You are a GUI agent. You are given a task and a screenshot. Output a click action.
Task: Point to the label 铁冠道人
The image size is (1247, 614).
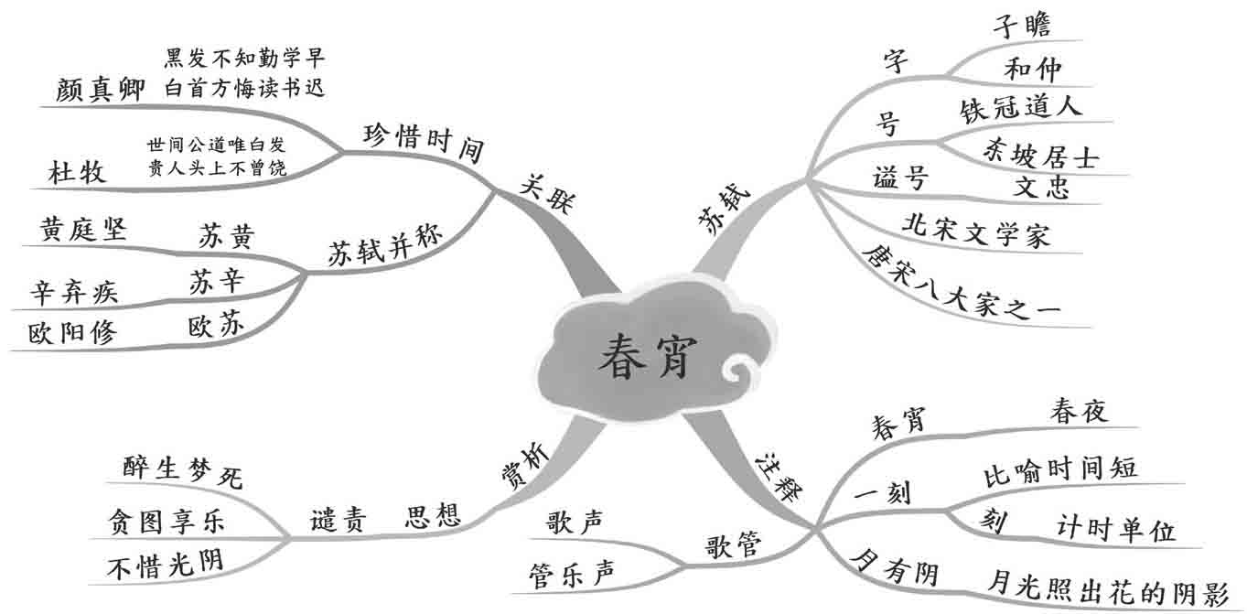pos(1021,107)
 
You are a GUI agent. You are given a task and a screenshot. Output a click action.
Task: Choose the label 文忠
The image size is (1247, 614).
pos(1041,188)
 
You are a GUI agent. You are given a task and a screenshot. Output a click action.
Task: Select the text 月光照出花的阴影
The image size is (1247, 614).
pos(1108,589)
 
